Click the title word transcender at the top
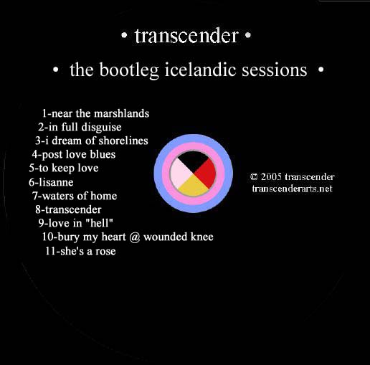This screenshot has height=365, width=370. click(x=186, y=36)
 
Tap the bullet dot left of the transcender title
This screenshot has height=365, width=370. click(x=124, y=35)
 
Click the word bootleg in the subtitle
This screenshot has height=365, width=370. click(x=129, y=70)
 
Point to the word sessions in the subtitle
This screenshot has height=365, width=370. click(x=275, y=70)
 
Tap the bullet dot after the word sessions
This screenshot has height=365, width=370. click(x=321, y=70)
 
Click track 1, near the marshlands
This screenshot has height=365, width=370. click(x=95, y=113)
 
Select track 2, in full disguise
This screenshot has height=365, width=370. click(x=80, y=127)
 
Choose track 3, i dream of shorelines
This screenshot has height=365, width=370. click(x=92, y=141)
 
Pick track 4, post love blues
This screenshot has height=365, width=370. click(x=74, y=154)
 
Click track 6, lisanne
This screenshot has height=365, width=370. click(x=51, y=182)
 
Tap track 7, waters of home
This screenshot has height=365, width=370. click(x=75, y=196)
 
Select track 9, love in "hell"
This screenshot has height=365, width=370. click(x=76, y=223)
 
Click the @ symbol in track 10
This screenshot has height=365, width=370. click(x=135, y=237)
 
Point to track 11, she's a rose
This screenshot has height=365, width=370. click(x=80, y=251)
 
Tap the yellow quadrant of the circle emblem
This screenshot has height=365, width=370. click(x=194, y=186)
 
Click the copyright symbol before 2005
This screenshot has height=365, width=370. click(x=254, y=177)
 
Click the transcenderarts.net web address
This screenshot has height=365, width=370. click(x=293, y=189)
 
